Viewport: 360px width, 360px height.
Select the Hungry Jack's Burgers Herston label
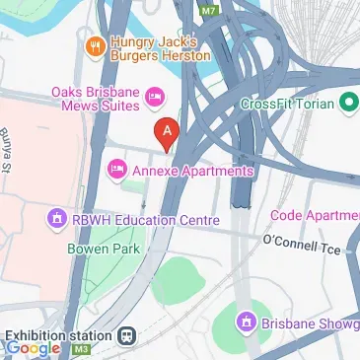[x=160, y=49]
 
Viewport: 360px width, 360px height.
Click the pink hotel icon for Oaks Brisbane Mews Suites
[x=154, y=96]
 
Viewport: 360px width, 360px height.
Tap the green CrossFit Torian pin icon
[x=348, y=103]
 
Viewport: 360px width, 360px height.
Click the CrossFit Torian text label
[x=288, y=103]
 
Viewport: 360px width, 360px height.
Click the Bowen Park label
[x=100, y=250]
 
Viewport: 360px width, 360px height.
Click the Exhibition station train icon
[x=126, y=335]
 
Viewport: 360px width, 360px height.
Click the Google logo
[x=33, y=347]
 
